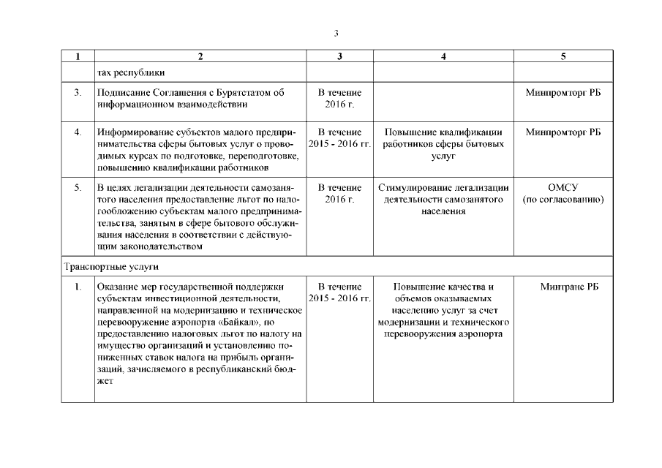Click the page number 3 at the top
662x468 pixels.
coord(336,33)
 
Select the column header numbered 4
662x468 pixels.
coord(444,56)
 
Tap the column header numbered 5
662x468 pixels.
coord(563,56)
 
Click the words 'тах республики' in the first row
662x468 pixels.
coord(131,72)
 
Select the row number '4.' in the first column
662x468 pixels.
coord(78,132)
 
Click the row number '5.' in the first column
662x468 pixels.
coord(78,188)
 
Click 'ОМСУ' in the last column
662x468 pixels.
coord(563,188)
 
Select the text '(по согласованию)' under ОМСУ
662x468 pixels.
coord(563,200)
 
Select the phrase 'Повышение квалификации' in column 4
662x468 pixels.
coord(444,132)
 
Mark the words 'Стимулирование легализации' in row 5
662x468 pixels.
coord(444,188)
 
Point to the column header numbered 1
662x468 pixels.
coord(78,56)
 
